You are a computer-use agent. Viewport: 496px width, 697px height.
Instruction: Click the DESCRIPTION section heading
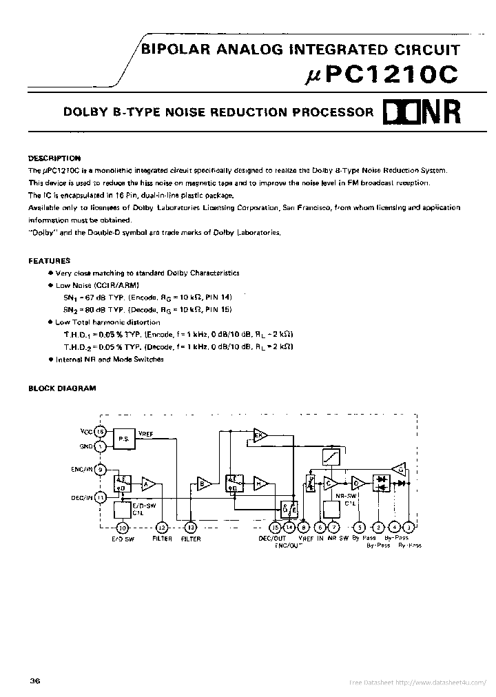pyautogui.click(x=54, y=158)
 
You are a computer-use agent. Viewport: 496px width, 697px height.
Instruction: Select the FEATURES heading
pyautogui.click(x=49, y=261)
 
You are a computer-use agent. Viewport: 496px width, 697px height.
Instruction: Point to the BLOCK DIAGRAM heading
pyautogui.click(x=62, y=388)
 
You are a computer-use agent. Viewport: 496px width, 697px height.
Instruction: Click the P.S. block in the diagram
pyautogui.click(x=124, y=438)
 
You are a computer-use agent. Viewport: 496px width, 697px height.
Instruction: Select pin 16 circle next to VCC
pyautogui.click(x=101, y=431)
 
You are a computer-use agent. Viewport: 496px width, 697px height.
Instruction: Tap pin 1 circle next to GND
pyautogui.click(x=101, y=446)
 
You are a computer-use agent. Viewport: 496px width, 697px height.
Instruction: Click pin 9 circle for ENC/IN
pyautogui.click(x=101, y=470)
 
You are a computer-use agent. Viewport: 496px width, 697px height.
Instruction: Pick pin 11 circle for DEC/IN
pyautogui.click(x=101, y=497)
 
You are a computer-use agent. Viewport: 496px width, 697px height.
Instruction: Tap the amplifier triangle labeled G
pyautogui.click(x=397, y=469)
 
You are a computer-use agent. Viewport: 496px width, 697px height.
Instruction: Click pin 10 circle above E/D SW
pyautogui.click(x=121, y=528)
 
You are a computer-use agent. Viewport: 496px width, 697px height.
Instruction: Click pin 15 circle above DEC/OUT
pyautogui.click(x=276, y=528)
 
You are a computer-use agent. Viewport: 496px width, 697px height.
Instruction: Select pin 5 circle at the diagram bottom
pyautogui.click(x=358, y=528)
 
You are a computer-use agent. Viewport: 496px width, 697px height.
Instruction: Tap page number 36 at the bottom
pyautogui.click(x=35, y=681)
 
